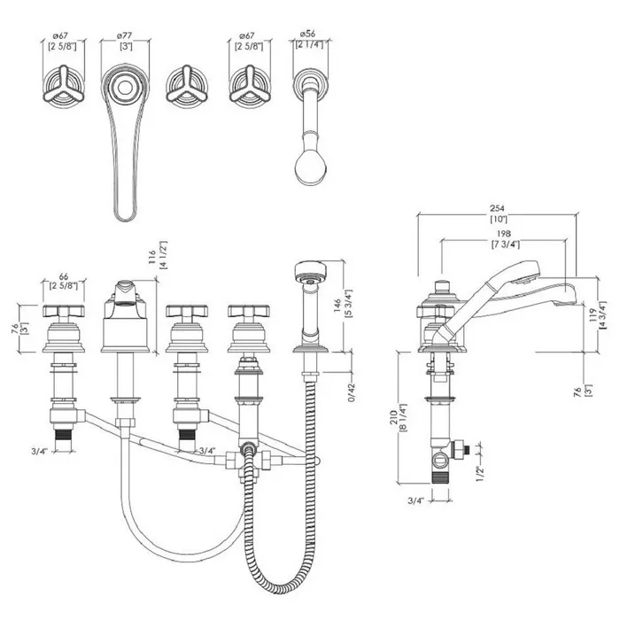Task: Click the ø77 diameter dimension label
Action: (125, 36)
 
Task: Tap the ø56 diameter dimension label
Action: (307, 34)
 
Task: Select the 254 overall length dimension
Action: (497, 208)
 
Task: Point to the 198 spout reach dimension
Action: (504, 234)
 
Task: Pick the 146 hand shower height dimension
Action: (337, 306)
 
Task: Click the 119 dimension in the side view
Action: (593, 316)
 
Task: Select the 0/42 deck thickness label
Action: (352, 392)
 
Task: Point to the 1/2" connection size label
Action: (480, 473)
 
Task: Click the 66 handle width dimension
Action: (63, 276)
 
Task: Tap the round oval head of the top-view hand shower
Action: (311, 167)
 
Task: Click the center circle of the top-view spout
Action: (125, 88)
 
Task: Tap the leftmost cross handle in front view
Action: (64, 311)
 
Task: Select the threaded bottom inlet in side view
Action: (440, 477)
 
